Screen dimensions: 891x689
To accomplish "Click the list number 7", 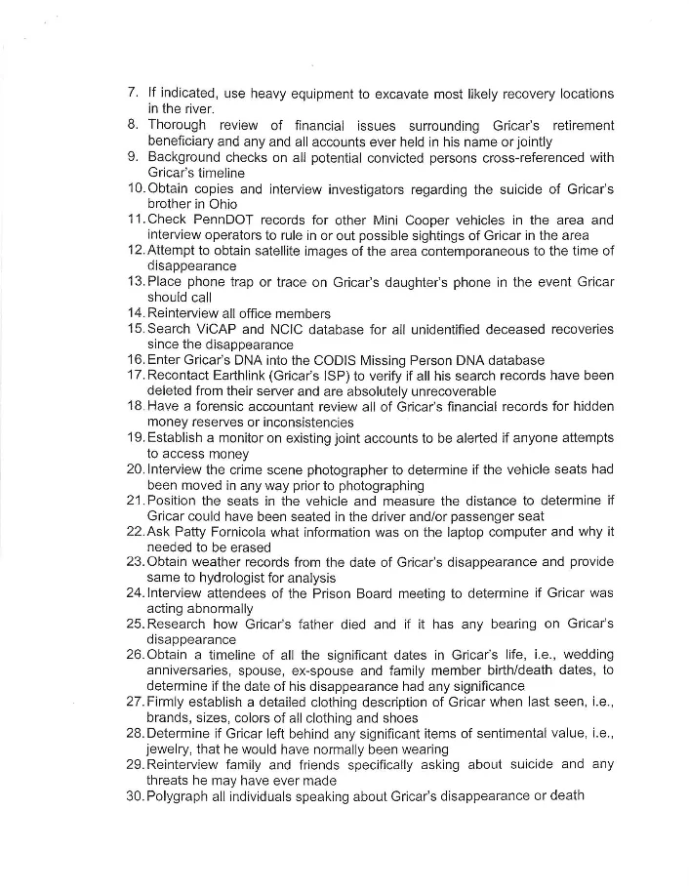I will [133, 94].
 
